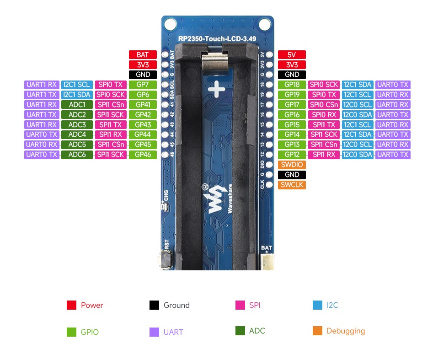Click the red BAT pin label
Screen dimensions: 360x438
click(x=143, y=55)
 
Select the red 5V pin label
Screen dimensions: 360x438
click(x=292, y=55)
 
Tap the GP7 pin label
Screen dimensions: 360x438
click(x=143, y=85)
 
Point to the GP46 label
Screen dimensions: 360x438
click(x=143, y=155)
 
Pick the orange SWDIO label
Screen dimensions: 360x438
click(x=292, y=165)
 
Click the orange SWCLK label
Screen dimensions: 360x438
click(x=292, y=185)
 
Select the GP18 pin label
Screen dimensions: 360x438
click(x=292, y=85)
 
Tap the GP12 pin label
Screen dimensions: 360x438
click(x=292, y=155)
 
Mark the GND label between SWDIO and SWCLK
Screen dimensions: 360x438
click(x=292, y=175)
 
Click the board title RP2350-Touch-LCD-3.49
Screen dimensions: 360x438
click(x=217, y=38)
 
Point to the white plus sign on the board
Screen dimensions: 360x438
click(x=216, y=89)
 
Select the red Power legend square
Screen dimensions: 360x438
click(x=71, y=305)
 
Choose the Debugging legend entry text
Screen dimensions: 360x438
click(x=345, y=331)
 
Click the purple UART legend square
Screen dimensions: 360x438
click(x=154, y=332)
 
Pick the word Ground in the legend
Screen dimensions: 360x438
click(x=176, y=305)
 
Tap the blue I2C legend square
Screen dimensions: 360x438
click(x=317, y=305)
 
